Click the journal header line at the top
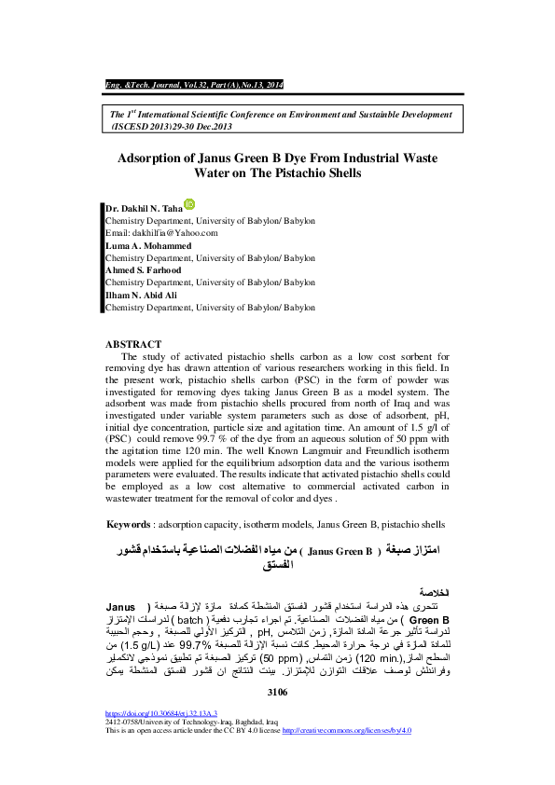click(193, 85)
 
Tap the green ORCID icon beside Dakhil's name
click(191, 204)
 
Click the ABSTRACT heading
click(133, 344)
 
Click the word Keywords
click(128, 525)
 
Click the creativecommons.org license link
click(346, 731)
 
